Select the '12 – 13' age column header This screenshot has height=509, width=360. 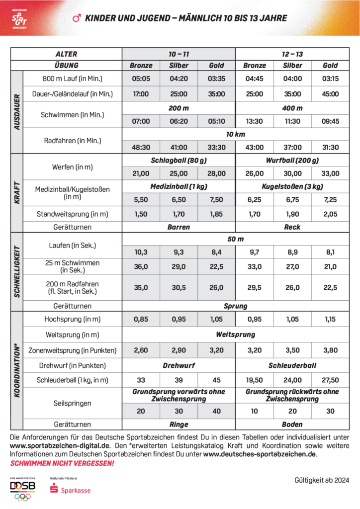pos(292,54)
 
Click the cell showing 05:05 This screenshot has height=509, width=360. pos(141,79)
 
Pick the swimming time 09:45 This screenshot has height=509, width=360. pos(330,121)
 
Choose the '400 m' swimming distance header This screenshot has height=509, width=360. pos(292,108)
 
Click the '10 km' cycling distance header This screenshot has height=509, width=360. pos(235,134)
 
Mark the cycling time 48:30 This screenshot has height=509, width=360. pos(141,147)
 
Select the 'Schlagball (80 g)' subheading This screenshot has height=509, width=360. pos(179,161)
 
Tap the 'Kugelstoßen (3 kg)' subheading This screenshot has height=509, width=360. pos(292,187)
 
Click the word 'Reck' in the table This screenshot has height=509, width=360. pos(292,227)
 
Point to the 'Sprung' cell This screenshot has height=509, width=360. pos(235,306)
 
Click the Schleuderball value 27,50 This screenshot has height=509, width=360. pos(330,380)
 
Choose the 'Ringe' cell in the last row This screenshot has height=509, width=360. pos(179,424)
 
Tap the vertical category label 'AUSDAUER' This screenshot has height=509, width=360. pos(16,112)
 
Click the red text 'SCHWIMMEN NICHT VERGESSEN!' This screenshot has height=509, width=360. pos(62,463)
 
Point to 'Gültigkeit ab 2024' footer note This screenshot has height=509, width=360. pos(321,480)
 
